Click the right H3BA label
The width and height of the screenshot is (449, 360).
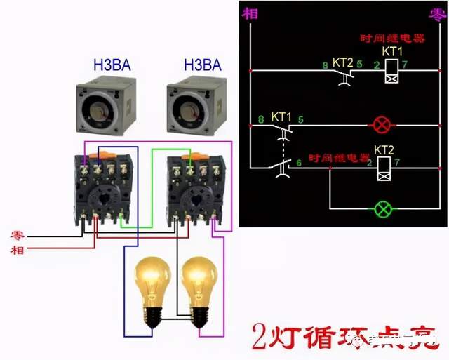pos(202,66)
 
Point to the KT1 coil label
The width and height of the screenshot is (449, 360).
pos(392,52)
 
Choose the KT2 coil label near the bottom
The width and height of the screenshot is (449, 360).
pos(384,150)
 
